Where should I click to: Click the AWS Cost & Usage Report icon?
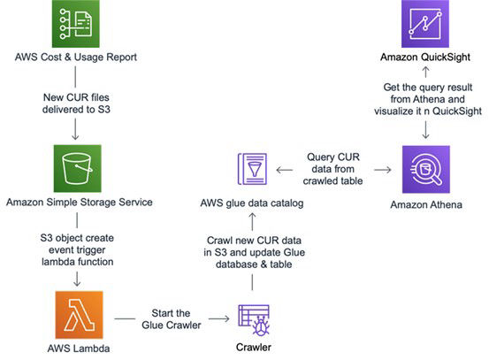tap(76, 24)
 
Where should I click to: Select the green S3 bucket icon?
tap(77, 168)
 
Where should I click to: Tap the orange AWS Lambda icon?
tap(79, 315)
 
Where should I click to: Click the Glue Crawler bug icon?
tap(254, 320)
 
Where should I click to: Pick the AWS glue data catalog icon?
tap(252, 169)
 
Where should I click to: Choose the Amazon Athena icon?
tap(426, 170)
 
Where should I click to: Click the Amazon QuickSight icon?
tap(425, 24)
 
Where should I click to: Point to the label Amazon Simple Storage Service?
tap(80, 203)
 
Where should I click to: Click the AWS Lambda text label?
tap(79, 349)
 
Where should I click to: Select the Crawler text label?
tap(254, 348)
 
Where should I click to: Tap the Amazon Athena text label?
tap(426, 204)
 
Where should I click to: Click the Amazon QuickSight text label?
tap(425, 57)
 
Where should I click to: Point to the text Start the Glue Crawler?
tap(172, 319)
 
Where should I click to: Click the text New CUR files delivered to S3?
tap(76, 103)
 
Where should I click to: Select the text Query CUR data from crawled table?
tap(333, 169)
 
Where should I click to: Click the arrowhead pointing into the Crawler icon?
tap(227, 318)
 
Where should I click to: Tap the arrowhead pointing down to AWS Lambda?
tap(77, 284)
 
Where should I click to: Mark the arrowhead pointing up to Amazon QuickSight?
tap(425, 69)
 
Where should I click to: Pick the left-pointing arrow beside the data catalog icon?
tap(285, 170)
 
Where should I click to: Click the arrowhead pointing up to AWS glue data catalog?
tap(252, 215)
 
